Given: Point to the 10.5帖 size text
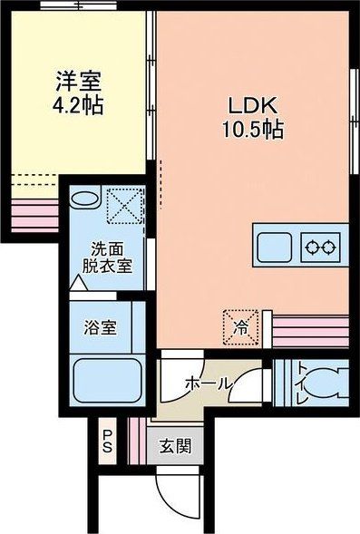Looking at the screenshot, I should pos(248,130).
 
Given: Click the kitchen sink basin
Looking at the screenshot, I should pos(275,245).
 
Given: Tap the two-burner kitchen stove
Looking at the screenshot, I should pos(320,246).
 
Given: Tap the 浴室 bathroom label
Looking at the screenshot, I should pos(100,326).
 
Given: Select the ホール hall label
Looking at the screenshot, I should pos(207,384).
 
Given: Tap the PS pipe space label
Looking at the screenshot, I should pos(107,442).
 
